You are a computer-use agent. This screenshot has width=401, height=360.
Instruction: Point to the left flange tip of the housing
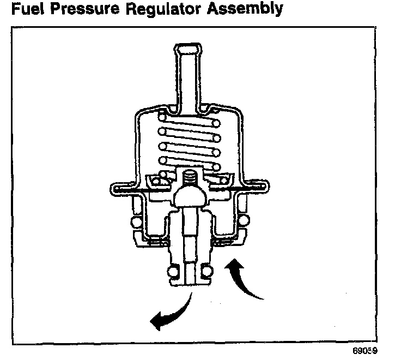pyautogui.click(x=112, y=189)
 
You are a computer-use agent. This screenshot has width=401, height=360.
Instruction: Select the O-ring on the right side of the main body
pyautogui.click(x=244, y=220)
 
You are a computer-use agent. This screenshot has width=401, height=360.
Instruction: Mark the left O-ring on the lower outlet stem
pyautogui.click(x=174, y=272)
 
